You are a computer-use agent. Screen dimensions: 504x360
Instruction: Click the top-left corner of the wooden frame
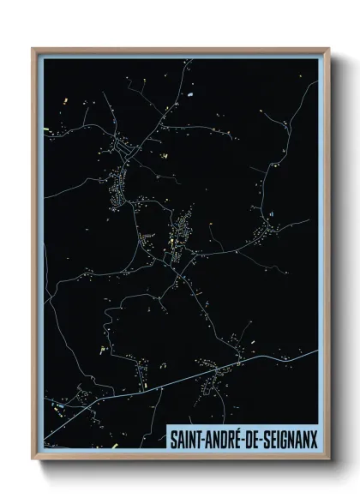[x=33, y=49]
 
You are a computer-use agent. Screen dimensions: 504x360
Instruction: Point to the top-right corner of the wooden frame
[x=328, y=49]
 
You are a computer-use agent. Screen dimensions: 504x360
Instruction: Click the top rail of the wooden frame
[x=180, y=50]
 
